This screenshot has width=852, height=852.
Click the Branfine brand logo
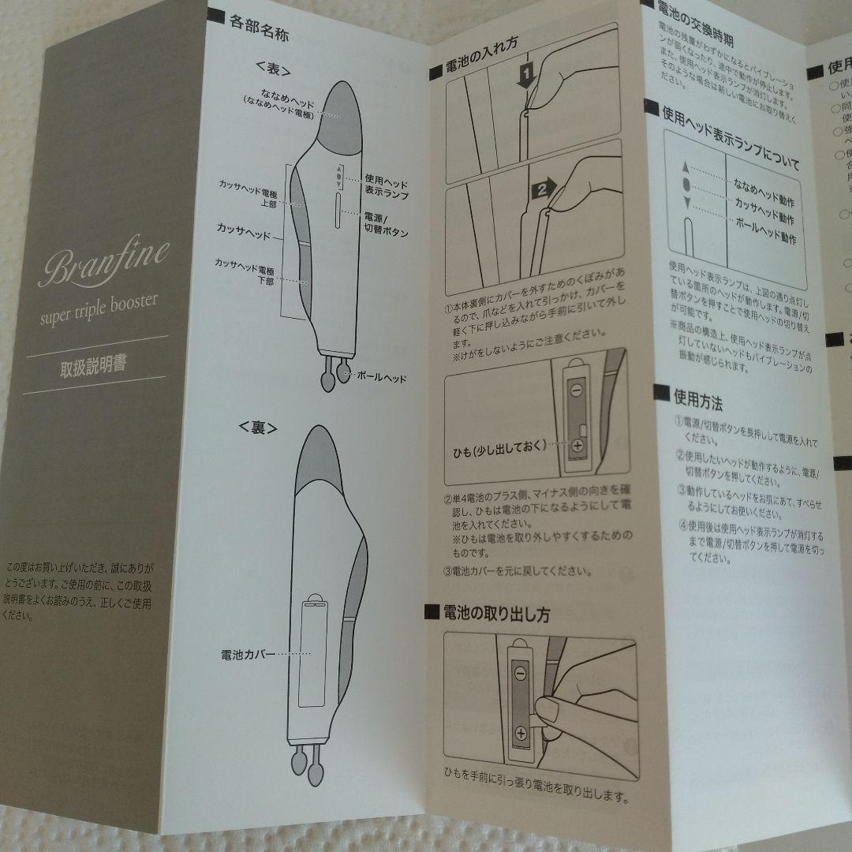[103, 260]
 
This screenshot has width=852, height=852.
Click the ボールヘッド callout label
[380, 377]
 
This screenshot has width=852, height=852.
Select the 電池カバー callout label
[249, 654]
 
